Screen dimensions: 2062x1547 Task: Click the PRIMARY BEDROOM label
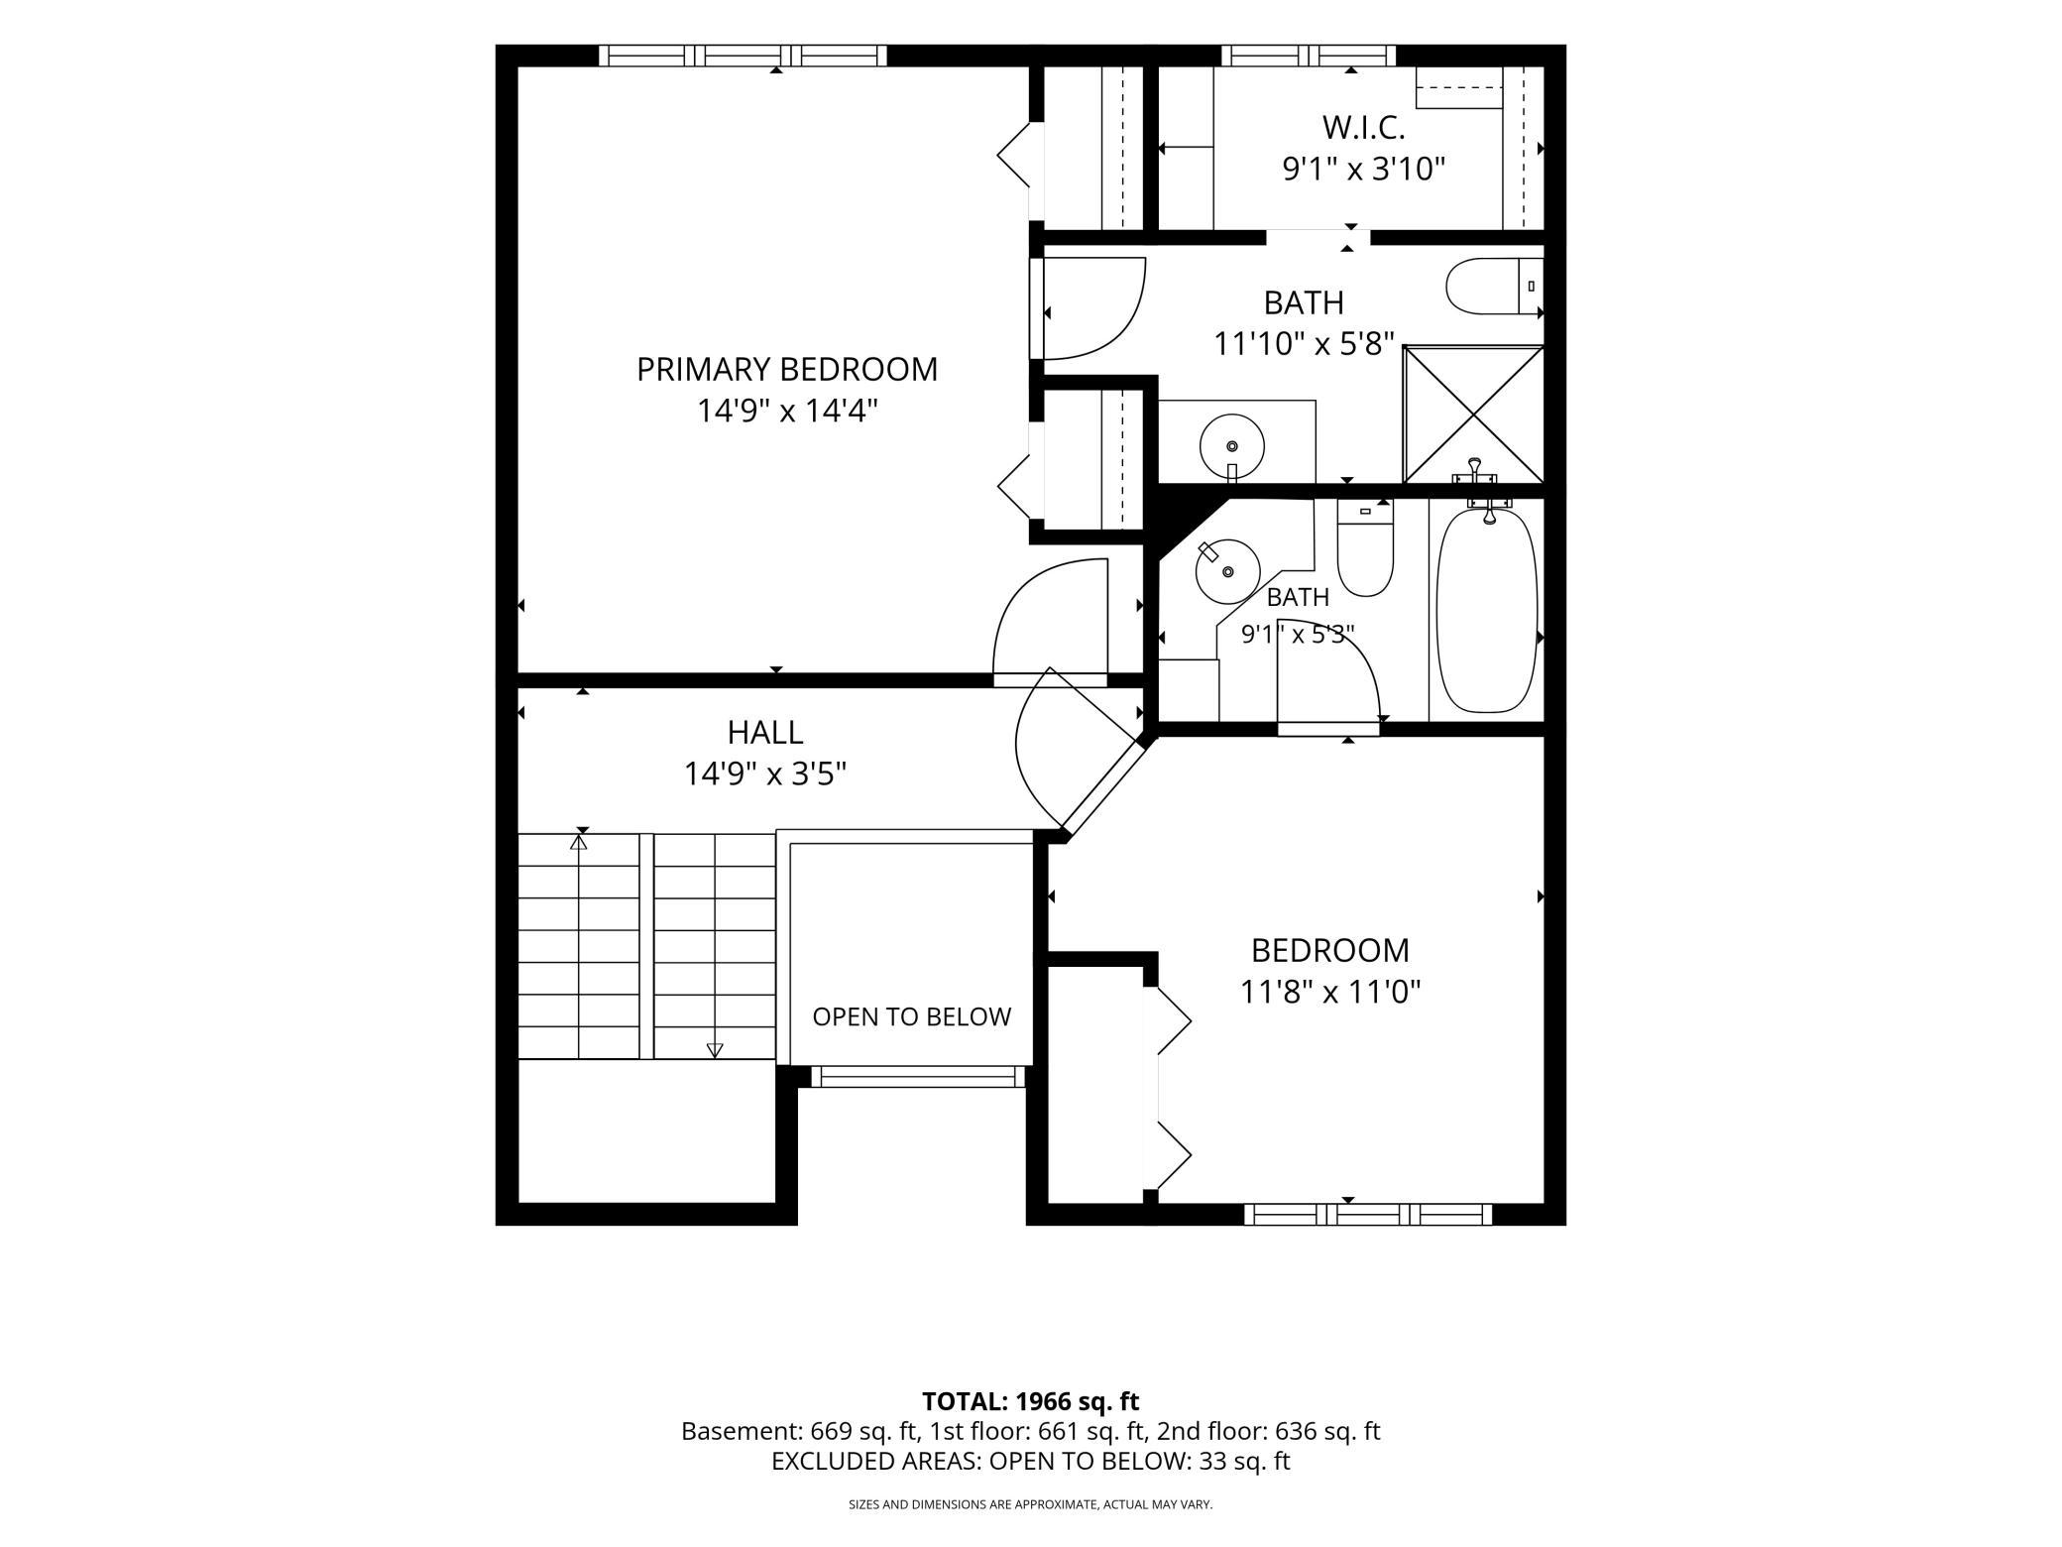[x=786, y=369]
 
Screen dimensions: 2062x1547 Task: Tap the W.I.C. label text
[x=1363, y=128]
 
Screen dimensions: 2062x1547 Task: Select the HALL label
[x=764, y=733]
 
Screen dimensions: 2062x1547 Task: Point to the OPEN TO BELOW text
[x=911, y=1016]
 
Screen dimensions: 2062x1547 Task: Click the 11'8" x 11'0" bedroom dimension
[x=1330, y=992]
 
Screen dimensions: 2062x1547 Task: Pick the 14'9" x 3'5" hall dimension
[x=764, y=773]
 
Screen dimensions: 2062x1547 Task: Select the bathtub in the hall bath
[x=1487, y=610]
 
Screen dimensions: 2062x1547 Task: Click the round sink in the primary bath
[x=1232, y=447]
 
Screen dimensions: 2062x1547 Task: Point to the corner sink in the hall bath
[x=1227, y=570]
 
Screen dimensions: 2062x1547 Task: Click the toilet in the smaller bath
[x=1365, y=547]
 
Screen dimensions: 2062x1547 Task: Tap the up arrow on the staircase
[x=579, y=842]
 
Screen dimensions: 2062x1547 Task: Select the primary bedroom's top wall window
[x=744, y=56]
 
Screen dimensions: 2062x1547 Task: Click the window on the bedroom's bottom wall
[x=1368, y=1214]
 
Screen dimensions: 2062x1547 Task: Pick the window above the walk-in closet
[x=1308, y=56]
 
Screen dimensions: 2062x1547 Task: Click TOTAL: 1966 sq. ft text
[x=1030, y=1401]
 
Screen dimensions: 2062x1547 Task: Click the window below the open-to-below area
[x=918, y=1077]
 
